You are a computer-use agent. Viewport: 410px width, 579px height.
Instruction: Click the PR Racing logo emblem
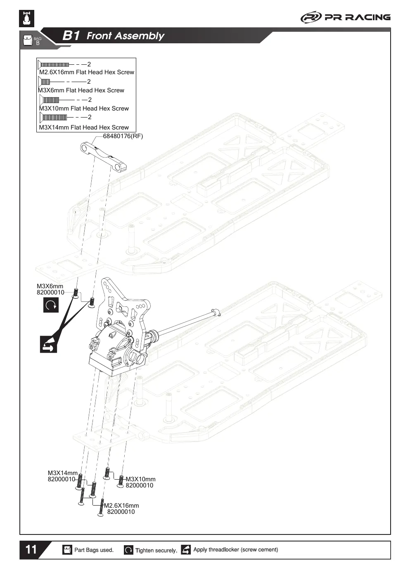(x=311, y=17)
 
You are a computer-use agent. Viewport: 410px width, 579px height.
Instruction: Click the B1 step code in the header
(x=71, y=35)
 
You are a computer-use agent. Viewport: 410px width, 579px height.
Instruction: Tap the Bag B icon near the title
(x=32, y=40)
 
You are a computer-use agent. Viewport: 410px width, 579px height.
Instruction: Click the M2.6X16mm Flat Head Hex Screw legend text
(x=87, y=72)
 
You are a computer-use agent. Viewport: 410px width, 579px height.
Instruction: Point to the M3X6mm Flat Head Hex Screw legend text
(x=81, y=90)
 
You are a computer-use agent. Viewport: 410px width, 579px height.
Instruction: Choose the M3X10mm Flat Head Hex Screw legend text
(x=84, y=108)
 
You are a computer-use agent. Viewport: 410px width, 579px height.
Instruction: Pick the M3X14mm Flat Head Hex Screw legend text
(x=84, y=127)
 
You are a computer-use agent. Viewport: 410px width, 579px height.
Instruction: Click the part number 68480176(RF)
(x=123, y=136)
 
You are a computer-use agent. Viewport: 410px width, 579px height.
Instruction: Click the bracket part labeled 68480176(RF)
(x=103, y=156)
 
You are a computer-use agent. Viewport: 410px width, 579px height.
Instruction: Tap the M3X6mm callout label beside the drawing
(x=50, y=289)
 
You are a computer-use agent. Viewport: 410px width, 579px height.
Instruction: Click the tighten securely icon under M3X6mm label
(x=51, y=305)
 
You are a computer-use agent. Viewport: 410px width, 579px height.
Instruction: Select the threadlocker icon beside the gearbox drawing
(x=48, y=344)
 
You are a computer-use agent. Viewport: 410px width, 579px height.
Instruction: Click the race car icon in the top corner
(x=27, y=19)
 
